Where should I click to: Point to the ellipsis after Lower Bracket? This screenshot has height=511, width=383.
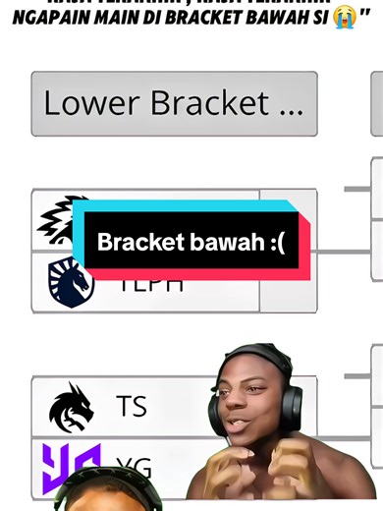(x=291, y=105)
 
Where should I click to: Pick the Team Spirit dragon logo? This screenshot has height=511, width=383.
(x=72, y=407)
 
